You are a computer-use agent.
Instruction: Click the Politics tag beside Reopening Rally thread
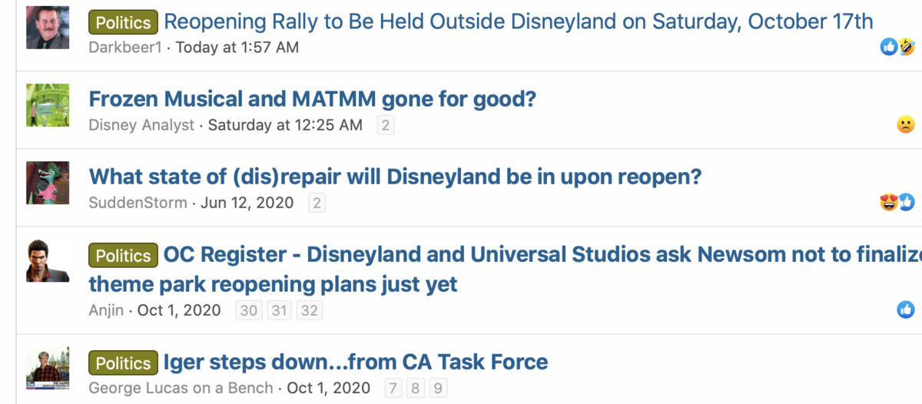[123, 22]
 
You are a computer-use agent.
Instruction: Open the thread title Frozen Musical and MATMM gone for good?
[313, 99]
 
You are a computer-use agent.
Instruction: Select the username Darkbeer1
[125, 48]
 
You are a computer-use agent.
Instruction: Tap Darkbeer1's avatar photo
[48, 28]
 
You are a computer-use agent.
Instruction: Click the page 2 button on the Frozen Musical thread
[386, 125]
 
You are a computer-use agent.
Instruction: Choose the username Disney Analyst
[141, 125]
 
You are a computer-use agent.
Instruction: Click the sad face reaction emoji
[906, 124]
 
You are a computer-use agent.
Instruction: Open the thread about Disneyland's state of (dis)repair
[395, 177]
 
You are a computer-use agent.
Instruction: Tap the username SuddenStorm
[138, 203]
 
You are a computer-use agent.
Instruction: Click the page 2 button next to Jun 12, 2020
[317, 203]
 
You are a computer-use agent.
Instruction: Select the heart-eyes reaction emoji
[889, 202]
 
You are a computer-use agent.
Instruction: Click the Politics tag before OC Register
[123, 256]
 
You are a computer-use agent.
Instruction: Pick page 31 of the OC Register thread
[279, 310]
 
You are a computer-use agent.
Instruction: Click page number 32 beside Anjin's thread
[310, 310]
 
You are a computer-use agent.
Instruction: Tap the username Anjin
[106, 310]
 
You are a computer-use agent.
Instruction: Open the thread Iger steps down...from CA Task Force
[356, 363]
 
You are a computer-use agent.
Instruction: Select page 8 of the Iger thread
[416, 388]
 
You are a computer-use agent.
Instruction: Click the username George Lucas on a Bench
[181, 388]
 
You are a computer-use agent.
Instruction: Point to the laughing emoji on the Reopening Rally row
[907, 47]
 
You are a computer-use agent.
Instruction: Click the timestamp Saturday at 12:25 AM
[285, 125]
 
